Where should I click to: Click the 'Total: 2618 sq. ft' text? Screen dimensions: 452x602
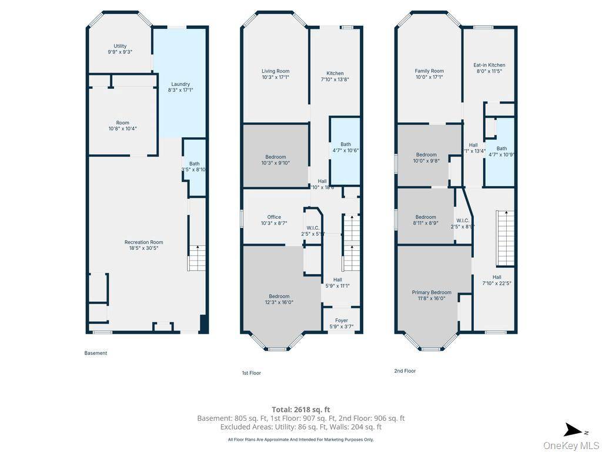[x=300, y=410]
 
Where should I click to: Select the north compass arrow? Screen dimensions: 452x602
[x=574, y=430]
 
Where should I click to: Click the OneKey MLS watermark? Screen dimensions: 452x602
[x=571, y=446]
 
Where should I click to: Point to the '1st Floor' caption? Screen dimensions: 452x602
[x=251, y=373]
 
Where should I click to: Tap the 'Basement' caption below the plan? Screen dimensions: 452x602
[x=96, y=353]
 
